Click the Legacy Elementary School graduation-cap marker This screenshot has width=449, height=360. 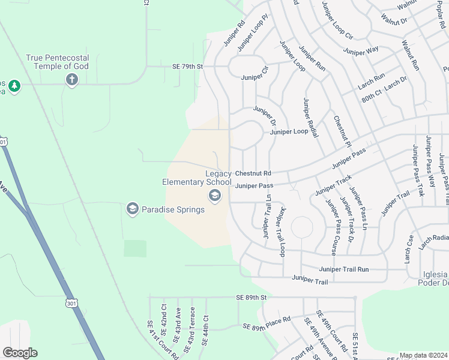tap(214, 196)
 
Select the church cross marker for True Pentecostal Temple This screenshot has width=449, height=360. tap(72, 79)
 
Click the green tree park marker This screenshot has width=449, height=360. tap(14, 87)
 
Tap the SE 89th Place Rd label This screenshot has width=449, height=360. tap(267, 323)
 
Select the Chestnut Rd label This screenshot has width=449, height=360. tap(253, 173)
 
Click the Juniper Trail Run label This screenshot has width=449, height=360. tap(344, 269)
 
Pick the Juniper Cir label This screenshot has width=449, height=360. tap(255, 77)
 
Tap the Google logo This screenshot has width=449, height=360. tap(20, 353)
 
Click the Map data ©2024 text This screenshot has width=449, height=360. tap(423, 355)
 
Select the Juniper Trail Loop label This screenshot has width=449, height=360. tap(280, 232)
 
